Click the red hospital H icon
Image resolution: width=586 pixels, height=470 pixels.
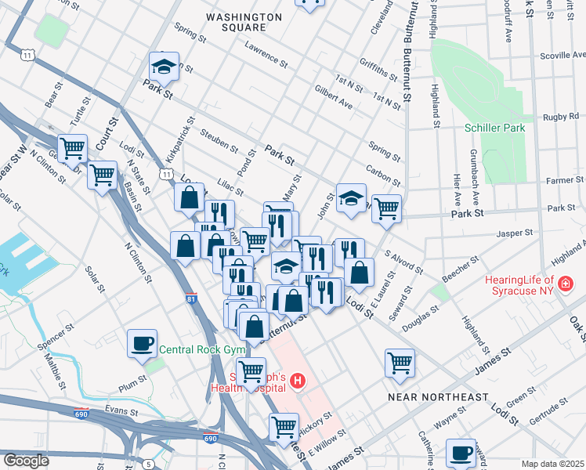pos(298,381)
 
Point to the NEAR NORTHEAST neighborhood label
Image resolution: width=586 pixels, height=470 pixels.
pos(439,397)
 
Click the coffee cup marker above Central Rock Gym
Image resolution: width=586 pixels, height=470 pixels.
pos(143,343)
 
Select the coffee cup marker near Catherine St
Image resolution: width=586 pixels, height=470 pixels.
pos(461,453)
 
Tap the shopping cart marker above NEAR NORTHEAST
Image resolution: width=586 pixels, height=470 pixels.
pos(400,363)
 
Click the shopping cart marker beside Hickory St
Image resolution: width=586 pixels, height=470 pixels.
pos(283,427)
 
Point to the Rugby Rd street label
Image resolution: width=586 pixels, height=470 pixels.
pos(561,117)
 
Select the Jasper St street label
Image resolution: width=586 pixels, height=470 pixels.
pos(515,233)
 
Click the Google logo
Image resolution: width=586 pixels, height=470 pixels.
pos(26,461)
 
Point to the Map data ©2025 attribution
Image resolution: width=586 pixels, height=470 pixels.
pos(552,464)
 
